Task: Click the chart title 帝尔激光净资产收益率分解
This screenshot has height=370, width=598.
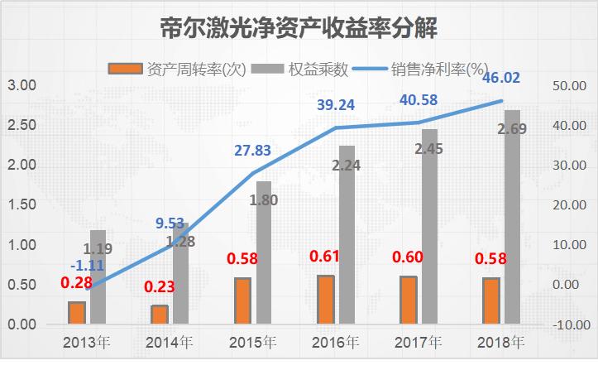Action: coord(299,29)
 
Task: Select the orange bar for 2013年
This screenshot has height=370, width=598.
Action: coord(77,313)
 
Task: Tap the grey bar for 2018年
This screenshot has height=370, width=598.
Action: coord(513,217)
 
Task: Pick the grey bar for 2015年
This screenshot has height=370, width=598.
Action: coord(264,252)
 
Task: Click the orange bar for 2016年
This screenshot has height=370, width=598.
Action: coord(326,299)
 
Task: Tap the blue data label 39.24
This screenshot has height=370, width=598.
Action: coord(338,105)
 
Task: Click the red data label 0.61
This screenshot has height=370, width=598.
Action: coord(326,257)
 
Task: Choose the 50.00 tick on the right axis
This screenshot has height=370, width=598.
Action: coord(568,85)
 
